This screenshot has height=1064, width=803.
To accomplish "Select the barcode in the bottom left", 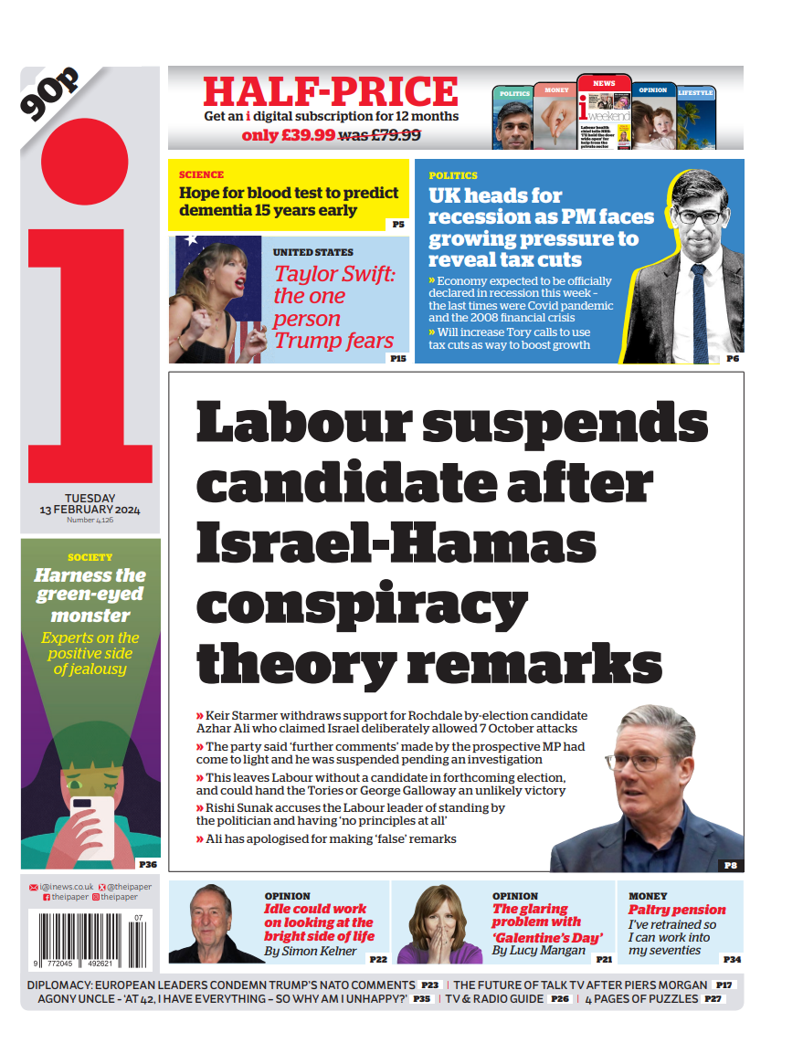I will [x=87, y=938].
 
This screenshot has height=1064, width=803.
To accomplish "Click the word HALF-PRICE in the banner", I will [x=331, y=91].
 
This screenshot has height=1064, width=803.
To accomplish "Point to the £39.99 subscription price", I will [x=288, y=135].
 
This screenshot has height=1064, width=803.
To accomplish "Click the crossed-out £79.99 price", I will [x=380, y=135].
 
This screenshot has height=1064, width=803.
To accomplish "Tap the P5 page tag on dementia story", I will [x=397, y=224].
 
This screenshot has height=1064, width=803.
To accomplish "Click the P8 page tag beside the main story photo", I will [x=730, y=864].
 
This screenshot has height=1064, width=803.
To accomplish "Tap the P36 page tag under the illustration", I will [x=147, y=863].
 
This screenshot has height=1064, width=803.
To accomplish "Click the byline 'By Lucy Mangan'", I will [x=539, y=950].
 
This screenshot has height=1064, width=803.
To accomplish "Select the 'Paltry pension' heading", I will [x=677, y=910].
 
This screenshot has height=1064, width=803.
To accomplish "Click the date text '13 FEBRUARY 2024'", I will [x=90, y=509].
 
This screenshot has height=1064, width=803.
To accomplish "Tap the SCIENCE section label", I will [x=201, y=174].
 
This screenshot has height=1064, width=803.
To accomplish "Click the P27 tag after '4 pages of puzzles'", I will [x=713, y=999].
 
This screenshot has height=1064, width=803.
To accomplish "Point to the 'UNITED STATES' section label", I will [x=312, y=252].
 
